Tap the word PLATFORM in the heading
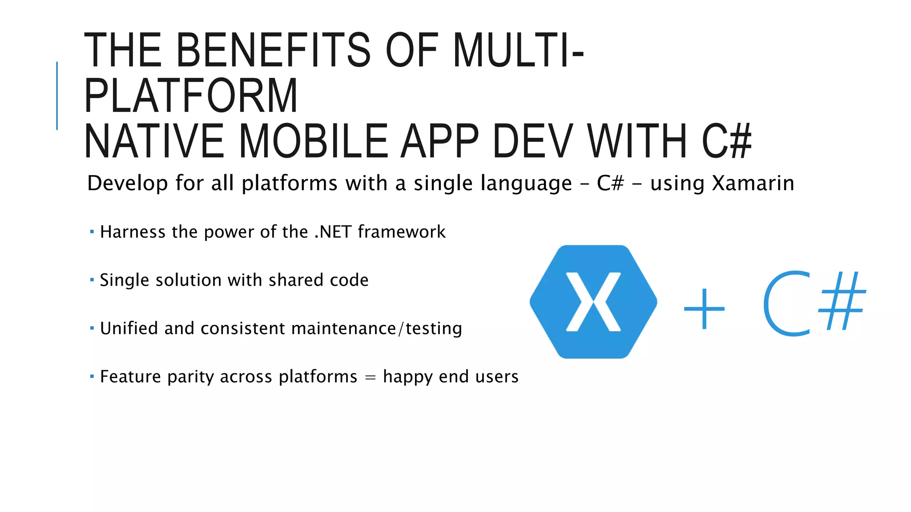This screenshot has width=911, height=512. [x=191, y=96]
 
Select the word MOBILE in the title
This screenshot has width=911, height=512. [x=314, y=141]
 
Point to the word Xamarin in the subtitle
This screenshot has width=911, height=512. [x=753, y=183]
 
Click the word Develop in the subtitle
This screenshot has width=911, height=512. [x=127, y=183]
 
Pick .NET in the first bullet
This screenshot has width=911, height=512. [x=333, y=232]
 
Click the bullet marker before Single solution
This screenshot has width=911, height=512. [x=92, y=280]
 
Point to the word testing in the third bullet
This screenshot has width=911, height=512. [x=434, y=328]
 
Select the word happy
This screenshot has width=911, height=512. [x=407, y=377]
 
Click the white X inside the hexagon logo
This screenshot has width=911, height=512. [x=593, y=302]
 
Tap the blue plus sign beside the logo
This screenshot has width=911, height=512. [x=704, y=308]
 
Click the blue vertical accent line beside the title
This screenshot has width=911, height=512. [x=57, y=96]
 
